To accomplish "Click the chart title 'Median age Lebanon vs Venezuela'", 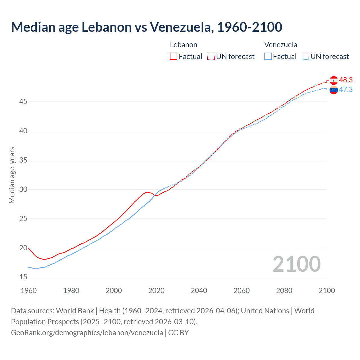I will pyautogui.click(x=146, y=27).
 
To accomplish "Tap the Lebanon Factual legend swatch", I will pyautogui.click(x=174, y=57).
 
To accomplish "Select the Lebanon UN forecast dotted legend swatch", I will pyautogui.click(x=211, y=57).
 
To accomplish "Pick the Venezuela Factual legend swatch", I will pyautogui.click(x=268, y=57).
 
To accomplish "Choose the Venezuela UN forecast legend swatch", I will pyautogui.click(x=305, y=57).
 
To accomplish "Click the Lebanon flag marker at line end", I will pyautogui.click(x=334, y=80).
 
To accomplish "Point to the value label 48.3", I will pyautogui.click(x=346, y=80).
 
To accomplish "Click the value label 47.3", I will pyautogui.click(x=346, y=90).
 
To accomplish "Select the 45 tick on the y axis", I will pyautogui.click(x=23, y=102).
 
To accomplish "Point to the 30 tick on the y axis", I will pyautogui.click(x=23, y=189).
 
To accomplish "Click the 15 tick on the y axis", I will pyautogui.click(x=23, y=277).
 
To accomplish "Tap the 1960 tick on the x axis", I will pyautogui.click(x=29, y=291).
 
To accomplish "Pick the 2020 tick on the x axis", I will pyautogui.click(x=156, y=291).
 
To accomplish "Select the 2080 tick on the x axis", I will pyautogui.click(x=284, y=291).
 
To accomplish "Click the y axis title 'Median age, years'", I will pyautogui.click(x=12, y=175).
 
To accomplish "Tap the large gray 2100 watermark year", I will pyautogui.click(x=296, y=264).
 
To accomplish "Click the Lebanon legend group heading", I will pyautogui.click(x=183, y=45).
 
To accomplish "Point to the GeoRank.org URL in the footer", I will pyautogui.click(x=87, y=333).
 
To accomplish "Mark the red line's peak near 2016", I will pyautogui.click(x=148, y=192).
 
